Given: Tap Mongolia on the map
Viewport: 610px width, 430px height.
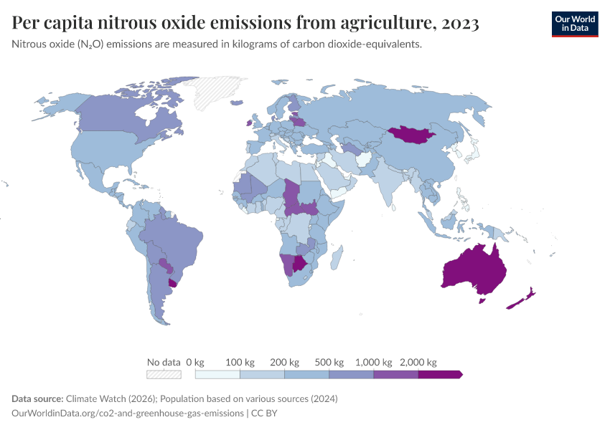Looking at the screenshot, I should pyautogui.click(x=414, y=133).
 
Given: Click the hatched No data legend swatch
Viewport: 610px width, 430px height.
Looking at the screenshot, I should pyautogui.click(x=163, y=374).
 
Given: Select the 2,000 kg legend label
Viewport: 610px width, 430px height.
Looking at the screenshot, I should pyautogui.click(x=418, y=362).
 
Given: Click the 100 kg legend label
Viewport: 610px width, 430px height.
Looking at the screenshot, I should pyautogui.click(x=240, y=362).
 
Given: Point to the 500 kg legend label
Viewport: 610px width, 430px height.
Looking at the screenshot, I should pyautogui.click(x=329, y=362).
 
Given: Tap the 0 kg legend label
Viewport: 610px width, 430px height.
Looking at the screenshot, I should pyautogui.click(x=196, y=362).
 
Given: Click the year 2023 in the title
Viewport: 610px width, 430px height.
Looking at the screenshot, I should pyautogui.click(x=460, y=24).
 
